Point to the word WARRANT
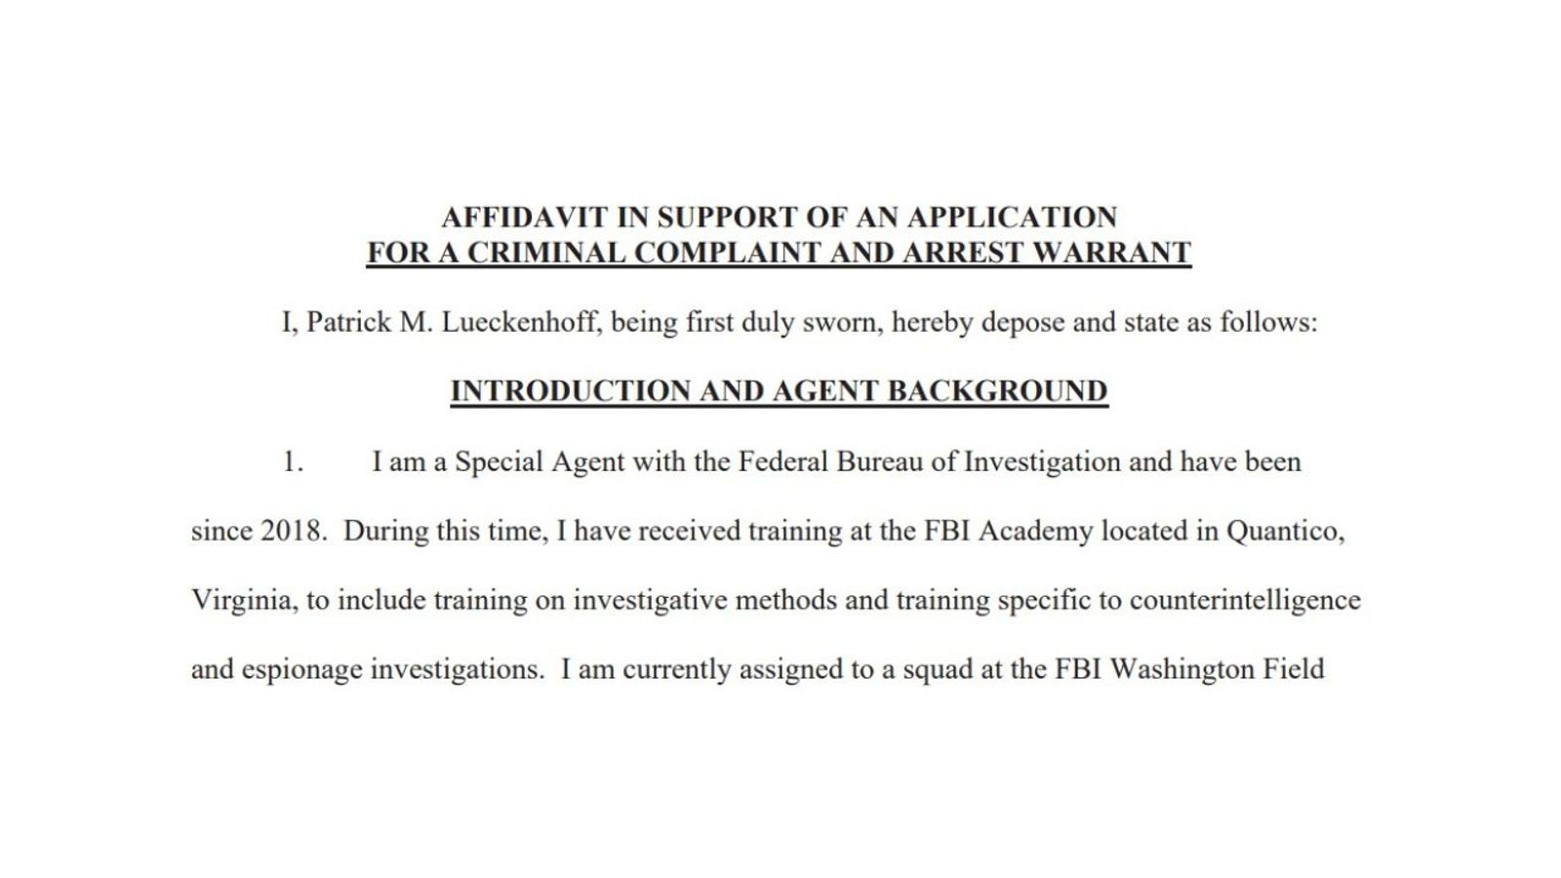1111,253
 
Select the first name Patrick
350,323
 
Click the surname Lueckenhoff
521,323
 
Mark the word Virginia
244,600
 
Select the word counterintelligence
1244,600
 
